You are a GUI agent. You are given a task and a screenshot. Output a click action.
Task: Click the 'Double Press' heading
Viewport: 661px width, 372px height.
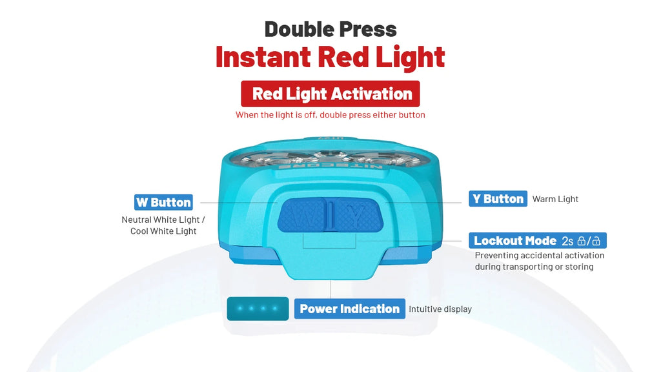tap(330, 30)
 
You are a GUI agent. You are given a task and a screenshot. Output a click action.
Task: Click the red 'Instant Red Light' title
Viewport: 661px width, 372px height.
tap(330, 57)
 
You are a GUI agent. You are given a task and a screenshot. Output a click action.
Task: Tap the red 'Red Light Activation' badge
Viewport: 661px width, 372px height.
tap(330, 94)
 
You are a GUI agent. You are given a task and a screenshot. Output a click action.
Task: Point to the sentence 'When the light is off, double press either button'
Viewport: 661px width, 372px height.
tap(330, 115)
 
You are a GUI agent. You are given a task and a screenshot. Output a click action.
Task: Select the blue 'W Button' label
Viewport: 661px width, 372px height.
tap(163, 202)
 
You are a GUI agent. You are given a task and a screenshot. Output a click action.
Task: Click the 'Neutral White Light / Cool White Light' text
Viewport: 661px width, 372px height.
tap(163, 225)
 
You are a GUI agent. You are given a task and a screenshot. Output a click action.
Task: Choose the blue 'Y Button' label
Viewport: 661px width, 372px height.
tap(498, 199)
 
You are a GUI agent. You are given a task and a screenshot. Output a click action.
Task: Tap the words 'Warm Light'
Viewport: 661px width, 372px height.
tap(555, 199)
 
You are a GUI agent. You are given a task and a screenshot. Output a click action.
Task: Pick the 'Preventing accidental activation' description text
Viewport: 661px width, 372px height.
tap(540, 255)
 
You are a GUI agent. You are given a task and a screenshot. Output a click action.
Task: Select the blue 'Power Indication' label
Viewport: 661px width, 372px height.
tap(349, 309)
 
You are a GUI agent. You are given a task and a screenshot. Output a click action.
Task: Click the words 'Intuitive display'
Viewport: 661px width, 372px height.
tap(440, 309)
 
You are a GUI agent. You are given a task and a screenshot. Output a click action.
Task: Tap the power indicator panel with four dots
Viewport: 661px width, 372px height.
tap(258, 308)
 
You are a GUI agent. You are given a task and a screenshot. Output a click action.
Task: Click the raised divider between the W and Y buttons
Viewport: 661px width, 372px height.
tap(331, 216)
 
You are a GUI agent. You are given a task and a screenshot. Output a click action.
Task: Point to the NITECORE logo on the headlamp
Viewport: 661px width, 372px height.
tap(330, 167)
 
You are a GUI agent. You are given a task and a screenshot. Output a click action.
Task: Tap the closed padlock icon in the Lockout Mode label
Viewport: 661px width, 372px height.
tap(582, 241)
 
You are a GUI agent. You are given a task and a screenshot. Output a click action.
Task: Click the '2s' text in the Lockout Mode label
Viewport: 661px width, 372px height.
tap(567, 241)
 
